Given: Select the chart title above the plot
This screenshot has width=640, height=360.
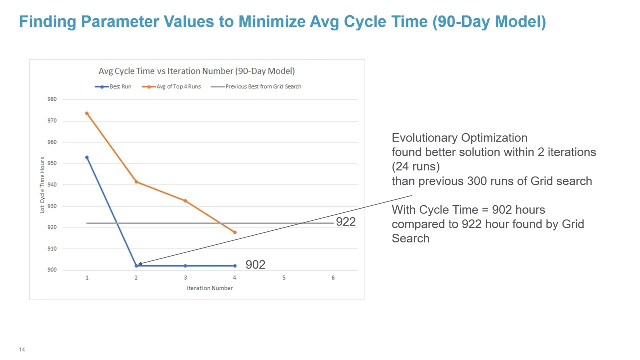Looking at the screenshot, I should point(196,71).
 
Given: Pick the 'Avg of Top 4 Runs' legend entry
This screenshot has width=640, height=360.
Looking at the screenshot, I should point(172,86).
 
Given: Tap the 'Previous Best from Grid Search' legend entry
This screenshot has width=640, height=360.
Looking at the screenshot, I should point(257,86).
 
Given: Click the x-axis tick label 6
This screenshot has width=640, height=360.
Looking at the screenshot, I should point(333,278).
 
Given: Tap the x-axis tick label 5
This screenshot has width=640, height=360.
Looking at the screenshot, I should point(284,278).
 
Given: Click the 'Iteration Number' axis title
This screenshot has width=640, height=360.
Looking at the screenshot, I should point(210,288).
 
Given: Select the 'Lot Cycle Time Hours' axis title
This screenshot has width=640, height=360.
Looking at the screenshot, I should point(43,185).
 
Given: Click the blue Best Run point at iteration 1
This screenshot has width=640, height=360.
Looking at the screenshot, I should point(87,157).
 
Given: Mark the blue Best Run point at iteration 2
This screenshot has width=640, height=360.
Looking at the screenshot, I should point(136,266).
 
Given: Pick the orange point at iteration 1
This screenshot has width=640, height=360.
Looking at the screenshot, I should point(87,113).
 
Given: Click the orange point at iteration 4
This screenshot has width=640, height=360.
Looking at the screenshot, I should point(235,232).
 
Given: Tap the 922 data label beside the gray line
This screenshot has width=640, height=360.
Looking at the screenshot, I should point(345,222).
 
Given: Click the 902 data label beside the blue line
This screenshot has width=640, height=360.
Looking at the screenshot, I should point(255,265).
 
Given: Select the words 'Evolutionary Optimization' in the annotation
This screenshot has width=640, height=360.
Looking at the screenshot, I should point(459,138).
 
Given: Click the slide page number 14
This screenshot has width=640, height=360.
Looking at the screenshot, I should point(22,350).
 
